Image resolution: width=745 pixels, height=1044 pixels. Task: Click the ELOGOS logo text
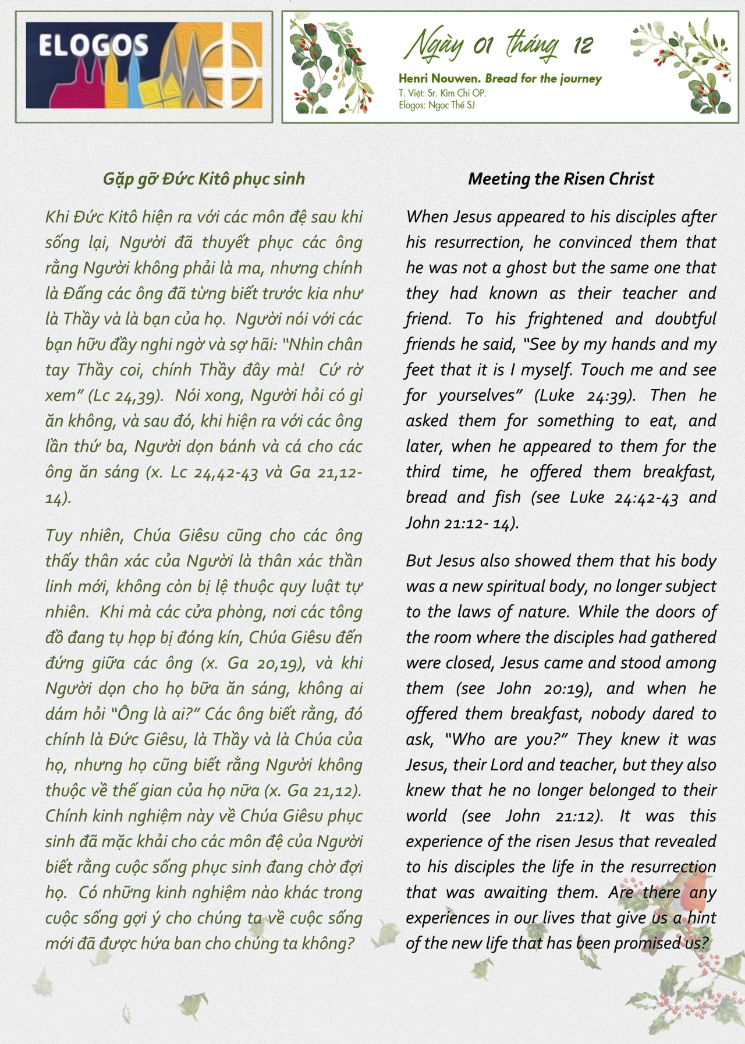(x=93, y=45)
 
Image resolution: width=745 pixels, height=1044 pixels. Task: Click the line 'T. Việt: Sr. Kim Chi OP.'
(x=442, y=93)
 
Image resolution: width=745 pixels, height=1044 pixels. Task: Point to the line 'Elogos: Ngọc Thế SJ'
(x=437, y=105)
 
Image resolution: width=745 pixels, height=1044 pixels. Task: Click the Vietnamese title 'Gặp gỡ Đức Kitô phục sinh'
(x=204, y=179)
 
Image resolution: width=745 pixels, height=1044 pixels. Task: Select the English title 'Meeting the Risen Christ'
(x=561, y=179)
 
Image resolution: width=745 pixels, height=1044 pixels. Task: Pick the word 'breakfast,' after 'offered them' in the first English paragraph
(x=679, y=472)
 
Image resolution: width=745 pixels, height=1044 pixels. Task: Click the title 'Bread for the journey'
(x=543, y=79)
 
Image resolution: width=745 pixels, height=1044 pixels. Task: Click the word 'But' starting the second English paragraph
(x=418, y=561)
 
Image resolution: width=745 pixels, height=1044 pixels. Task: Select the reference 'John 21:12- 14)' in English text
(x=462, y=523)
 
